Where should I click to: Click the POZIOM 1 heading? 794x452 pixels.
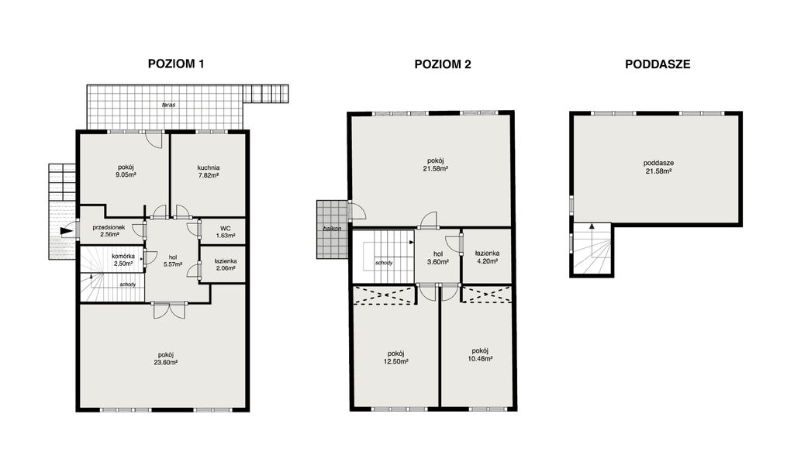click(176, 64)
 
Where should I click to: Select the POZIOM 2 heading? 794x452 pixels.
click(443, 64)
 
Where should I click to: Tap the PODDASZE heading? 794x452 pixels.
click(658, 64)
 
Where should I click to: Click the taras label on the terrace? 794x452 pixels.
click(168, 105)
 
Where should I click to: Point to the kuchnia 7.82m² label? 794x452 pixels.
click(208, 171)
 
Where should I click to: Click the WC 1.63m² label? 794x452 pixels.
click(226, 232)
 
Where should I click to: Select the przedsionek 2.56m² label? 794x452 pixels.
click(109, 231)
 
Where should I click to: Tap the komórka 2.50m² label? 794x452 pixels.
click(123, 261)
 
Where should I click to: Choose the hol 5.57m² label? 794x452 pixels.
click(173, 261)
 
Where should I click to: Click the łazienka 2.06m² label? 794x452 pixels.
click(226, 264)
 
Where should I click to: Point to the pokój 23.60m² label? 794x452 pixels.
click(166, 359)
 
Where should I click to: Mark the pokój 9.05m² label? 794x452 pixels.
click(126, 171)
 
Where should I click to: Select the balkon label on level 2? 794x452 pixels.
click(332, 229)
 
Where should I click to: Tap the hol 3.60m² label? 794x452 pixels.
click(438, 258)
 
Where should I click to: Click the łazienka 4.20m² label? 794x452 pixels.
click(487, 257)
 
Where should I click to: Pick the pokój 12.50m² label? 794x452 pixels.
click(396, 358)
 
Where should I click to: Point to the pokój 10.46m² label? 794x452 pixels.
click(480, 355)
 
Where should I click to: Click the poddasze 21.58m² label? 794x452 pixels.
click(658, 167)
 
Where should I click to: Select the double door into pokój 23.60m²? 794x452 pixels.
click(169, 310)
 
